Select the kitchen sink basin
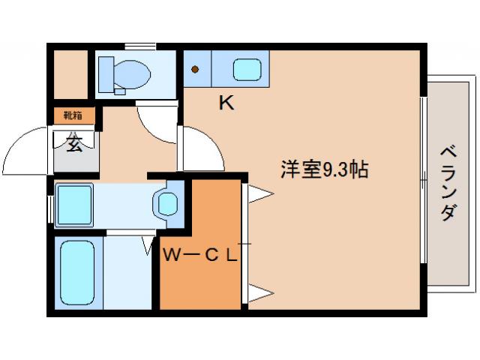pyautogui.click(x=247, y=70)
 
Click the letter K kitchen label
pyautogui.click(x=226, y=103)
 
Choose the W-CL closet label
pyautogui.click(x=200, y=254)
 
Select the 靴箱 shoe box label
pyautogui.click(x=73, y=115)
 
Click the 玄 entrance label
pyautogui.click(x=75, y=144)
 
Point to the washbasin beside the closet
pyautogui.click(x=167, y=202)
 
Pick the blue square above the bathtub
pyautogui.click(x=74, y=202)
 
